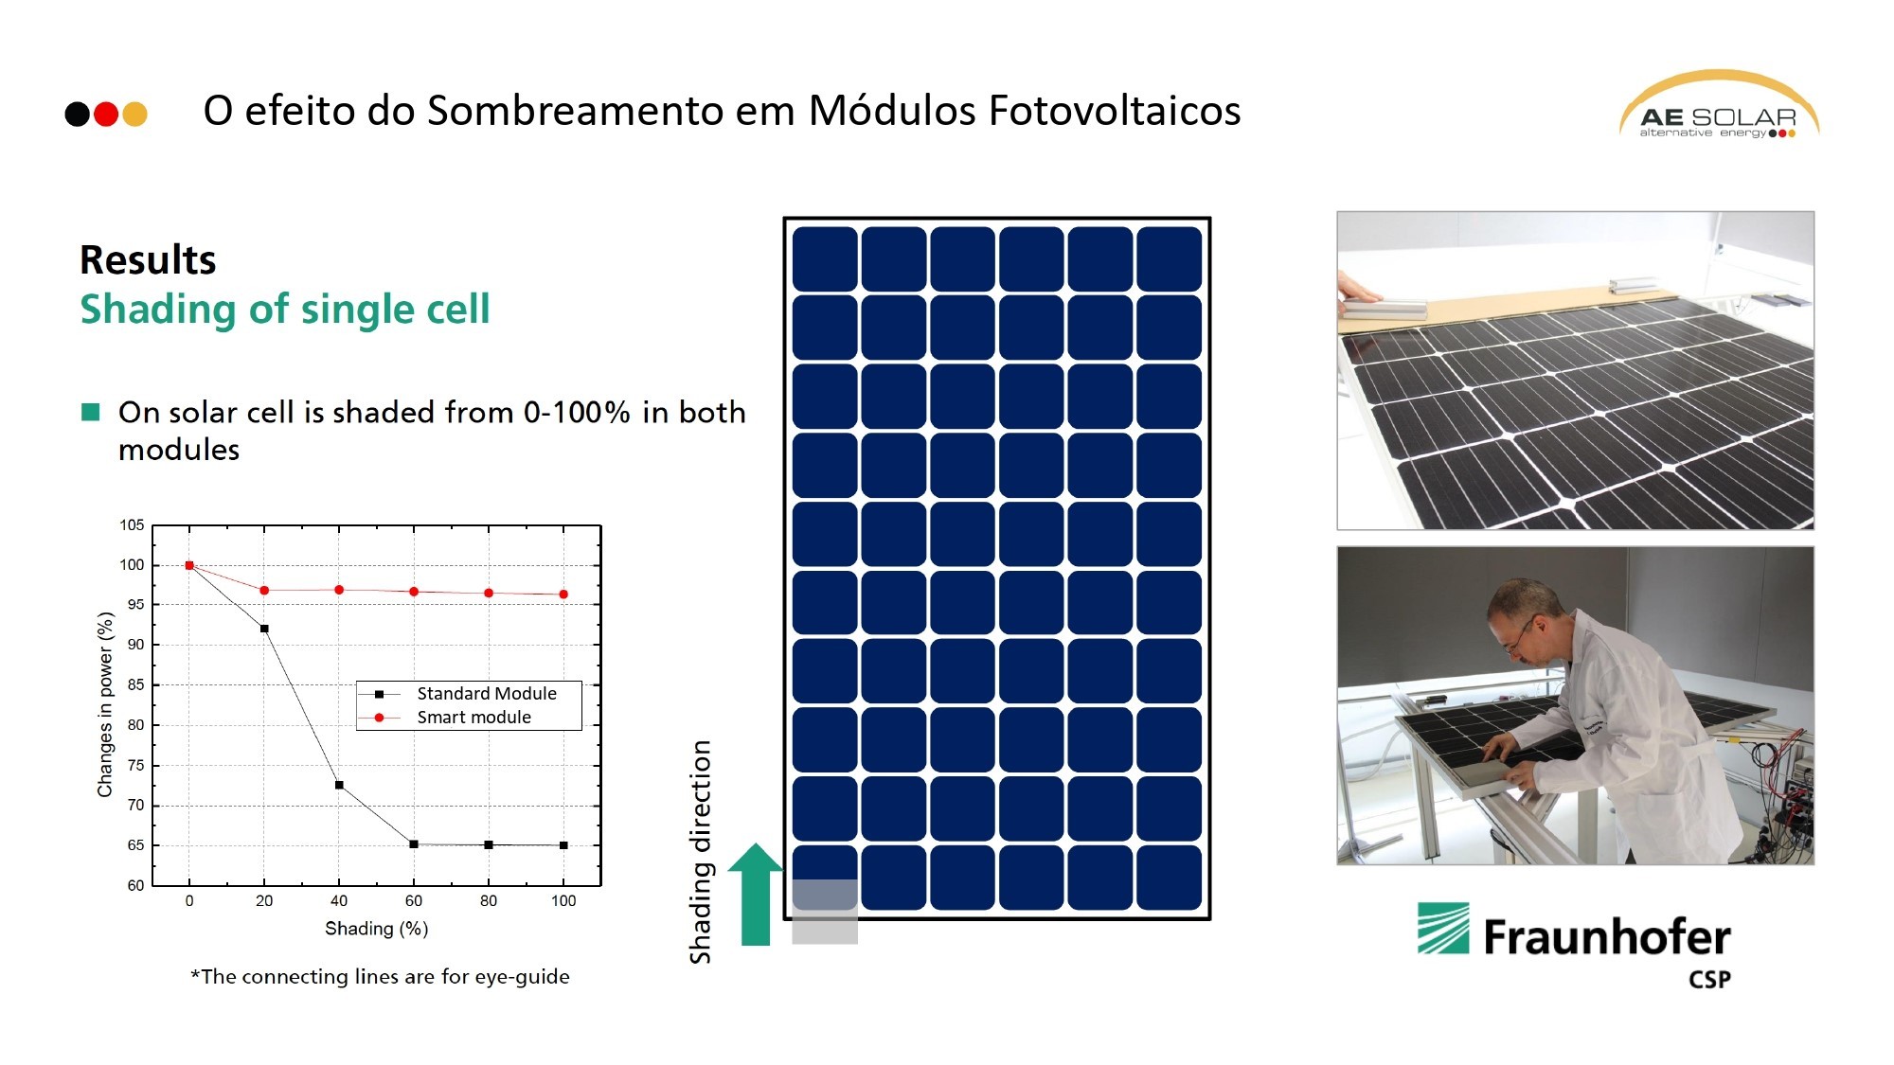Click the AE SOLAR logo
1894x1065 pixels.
pyautogui.click(x=1718, y=108)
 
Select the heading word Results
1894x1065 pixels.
pyautogui.click(x=148, y=259)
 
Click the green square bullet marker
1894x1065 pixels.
pyautogui.click(x=91, y=412)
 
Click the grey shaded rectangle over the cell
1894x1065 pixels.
pyautogui.click(x=824, y=911)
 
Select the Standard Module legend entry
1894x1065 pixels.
pyautogui.click(x=486, y=694)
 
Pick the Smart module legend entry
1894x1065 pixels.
pyautogui.click(x=473, y=718)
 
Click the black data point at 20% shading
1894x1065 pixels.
pyautogui.click(x=264, y=629)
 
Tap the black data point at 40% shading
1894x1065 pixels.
pyautogui.click(x=339, y=785)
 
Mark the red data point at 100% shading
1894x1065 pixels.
pyautogui.click(x=563, y=595)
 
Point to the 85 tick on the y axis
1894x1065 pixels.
pyautogui.click(x=136, y=684)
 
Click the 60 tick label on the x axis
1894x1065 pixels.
pyautogui.click(x=414, y=901)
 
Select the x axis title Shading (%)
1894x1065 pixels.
pyautogui.click(x=376, y=929)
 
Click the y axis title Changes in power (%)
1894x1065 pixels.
pyautogui.click(x=105, y=704)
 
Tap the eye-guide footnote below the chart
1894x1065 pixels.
pyautogui.click(x=380, y=977)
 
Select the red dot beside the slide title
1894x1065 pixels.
pyautogui.click(x=106, y=115)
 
